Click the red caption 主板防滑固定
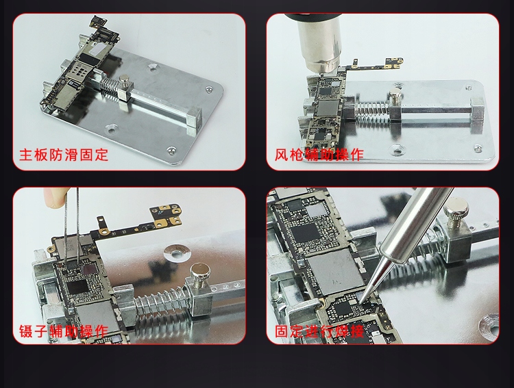(64, 155)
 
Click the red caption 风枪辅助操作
(319, 155)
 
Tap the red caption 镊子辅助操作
(64, 331)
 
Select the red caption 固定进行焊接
(319, 331)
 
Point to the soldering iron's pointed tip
(360, 300)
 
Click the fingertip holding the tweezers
(53, 197)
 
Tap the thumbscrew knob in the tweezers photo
(200, 275)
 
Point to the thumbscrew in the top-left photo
(124, 80)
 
